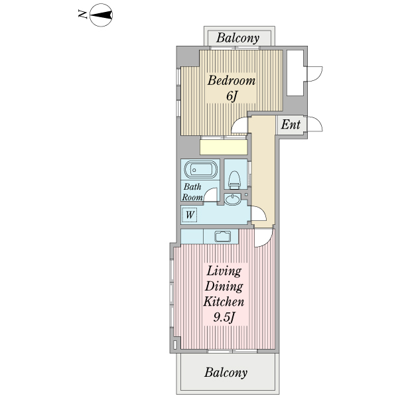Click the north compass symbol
[101, 15]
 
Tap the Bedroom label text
[232, 81]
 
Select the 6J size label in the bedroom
[232, 96]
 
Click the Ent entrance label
[291, 125]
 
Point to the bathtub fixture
[201, 170]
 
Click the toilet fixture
[234, 180]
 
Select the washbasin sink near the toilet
[233, 199]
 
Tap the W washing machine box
[190, 215]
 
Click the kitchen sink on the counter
[223, 237]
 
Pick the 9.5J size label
[224, 317]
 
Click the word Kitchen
[224, 302]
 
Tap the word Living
[224, 271]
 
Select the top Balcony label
[238, 38]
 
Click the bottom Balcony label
[226, 373]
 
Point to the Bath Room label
[192, 192]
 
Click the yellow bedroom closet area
[224, 147]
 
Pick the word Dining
[224, 287]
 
